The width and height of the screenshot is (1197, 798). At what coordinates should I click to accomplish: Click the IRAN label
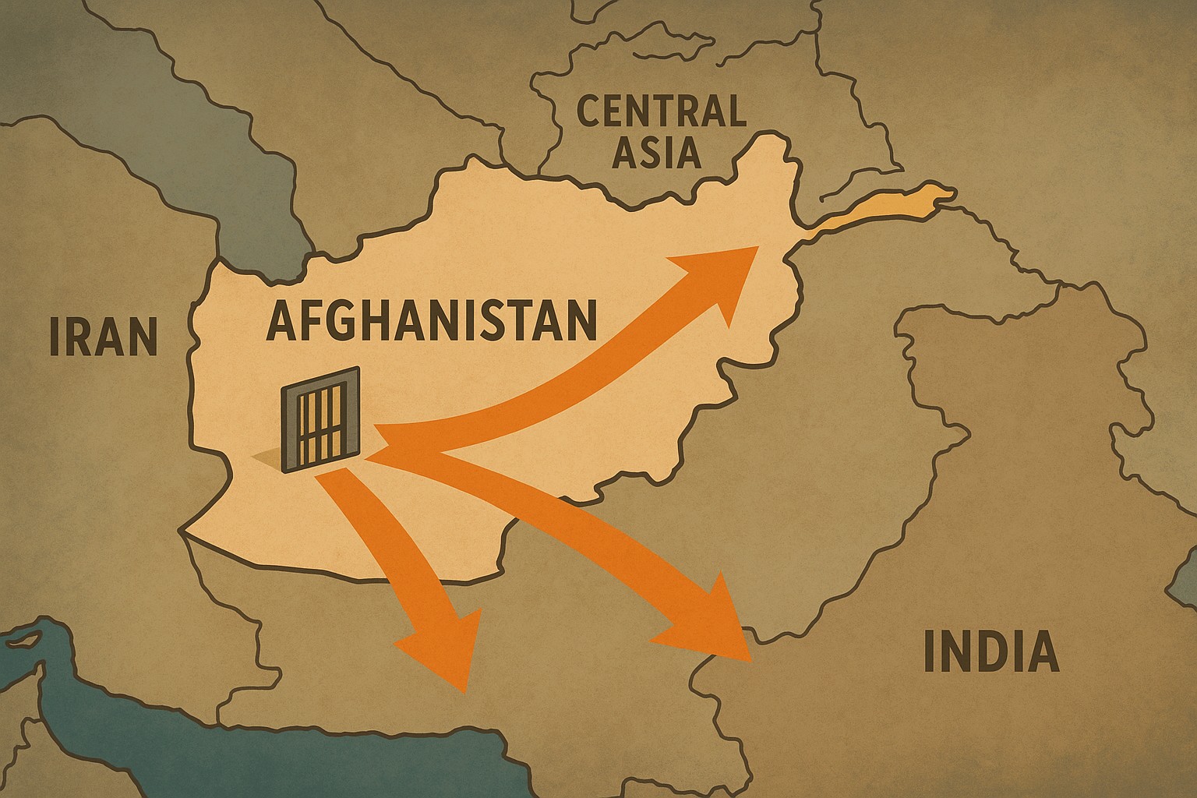pyautogui.click(x=103, y=335)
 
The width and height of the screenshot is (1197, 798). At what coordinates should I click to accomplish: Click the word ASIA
pyautogui.click(x=656, y=152)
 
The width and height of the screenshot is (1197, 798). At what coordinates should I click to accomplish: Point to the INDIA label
pyautogui.click(x=990, y=652)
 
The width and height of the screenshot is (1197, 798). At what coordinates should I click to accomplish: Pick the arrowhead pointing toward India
pyautogui.click(x=713, y=623)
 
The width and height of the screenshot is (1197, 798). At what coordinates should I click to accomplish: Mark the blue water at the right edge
pyautogui.click(x=1185, y=577)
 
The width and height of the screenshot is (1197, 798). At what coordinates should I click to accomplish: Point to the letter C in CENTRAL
pyautogui.click(x=589, y=112)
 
